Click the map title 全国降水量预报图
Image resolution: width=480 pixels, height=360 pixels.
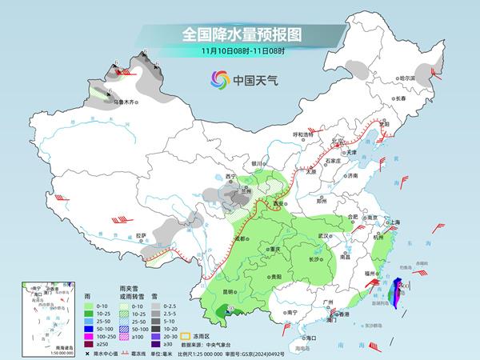click(x=239, y=34)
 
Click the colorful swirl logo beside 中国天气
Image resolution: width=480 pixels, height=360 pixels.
click(x=218, y=79)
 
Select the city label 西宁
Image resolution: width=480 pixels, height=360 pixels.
click(x=231, y=176)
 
